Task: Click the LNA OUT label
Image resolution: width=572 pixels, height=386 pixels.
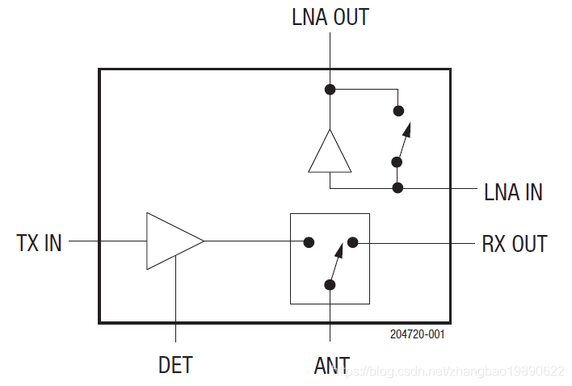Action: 330,18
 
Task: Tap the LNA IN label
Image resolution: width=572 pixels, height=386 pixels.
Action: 513,191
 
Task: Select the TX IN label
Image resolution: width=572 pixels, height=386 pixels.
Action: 39,242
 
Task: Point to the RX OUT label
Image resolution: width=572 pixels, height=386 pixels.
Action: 515,243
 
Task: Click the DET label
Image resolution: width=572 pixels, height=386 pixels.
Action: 175,365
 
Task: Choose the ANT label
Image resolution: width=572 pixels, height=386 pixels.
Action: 331,366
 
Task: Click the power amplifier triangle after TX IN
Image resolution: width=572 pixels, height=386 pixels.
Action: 170,241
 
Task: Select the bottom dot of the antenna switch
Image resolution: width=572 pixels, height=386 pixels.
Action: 330,284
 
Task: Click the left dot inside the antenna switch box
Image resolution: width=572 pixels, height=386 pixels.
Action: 308,241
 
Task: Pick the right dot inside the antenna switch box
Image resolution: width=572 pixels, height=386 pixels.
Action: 353,241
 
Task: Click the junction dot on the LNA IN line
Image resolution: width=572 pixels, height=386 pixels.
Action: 397,187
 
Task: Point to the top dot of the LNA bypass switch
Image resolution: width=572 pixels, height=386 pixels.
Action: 397,111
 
